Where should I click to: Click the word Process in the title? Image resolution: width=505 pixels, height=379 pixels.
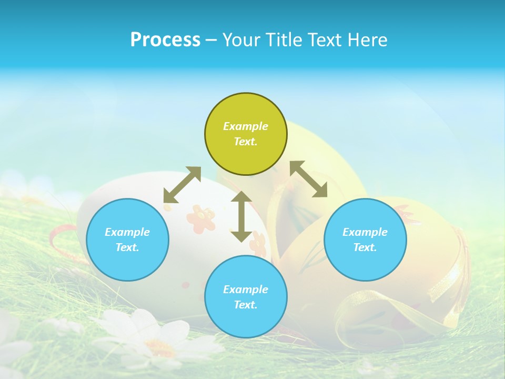pyautogui.click(x=165, y=40)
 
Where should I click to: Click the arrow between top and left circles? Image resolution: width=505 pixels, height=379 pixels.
pyautogui.click(x=182, y=185)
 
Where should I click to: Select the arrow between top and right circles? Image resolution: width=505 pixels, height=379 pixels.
pyautogui.click(x=308, y=179)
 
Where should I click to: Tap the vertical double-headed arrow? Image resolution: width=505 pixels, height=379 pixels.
pyautogui.click(x=241, y=216)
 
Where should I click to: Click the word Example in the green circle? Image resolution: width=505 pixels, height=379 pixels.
pyautogui.click(x=246, y=126)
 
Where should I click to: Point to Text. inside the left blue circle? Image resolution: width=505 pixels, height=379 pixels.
pyautogui.click(x=127, y=247)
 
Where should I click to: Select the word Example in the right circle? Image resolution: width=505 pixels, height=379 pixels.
pyautogui.click(x=365, y=232)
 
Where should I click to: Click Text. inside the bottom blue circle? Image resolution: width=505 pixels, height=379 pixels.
pyautogui.click(x=246, y=305)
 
